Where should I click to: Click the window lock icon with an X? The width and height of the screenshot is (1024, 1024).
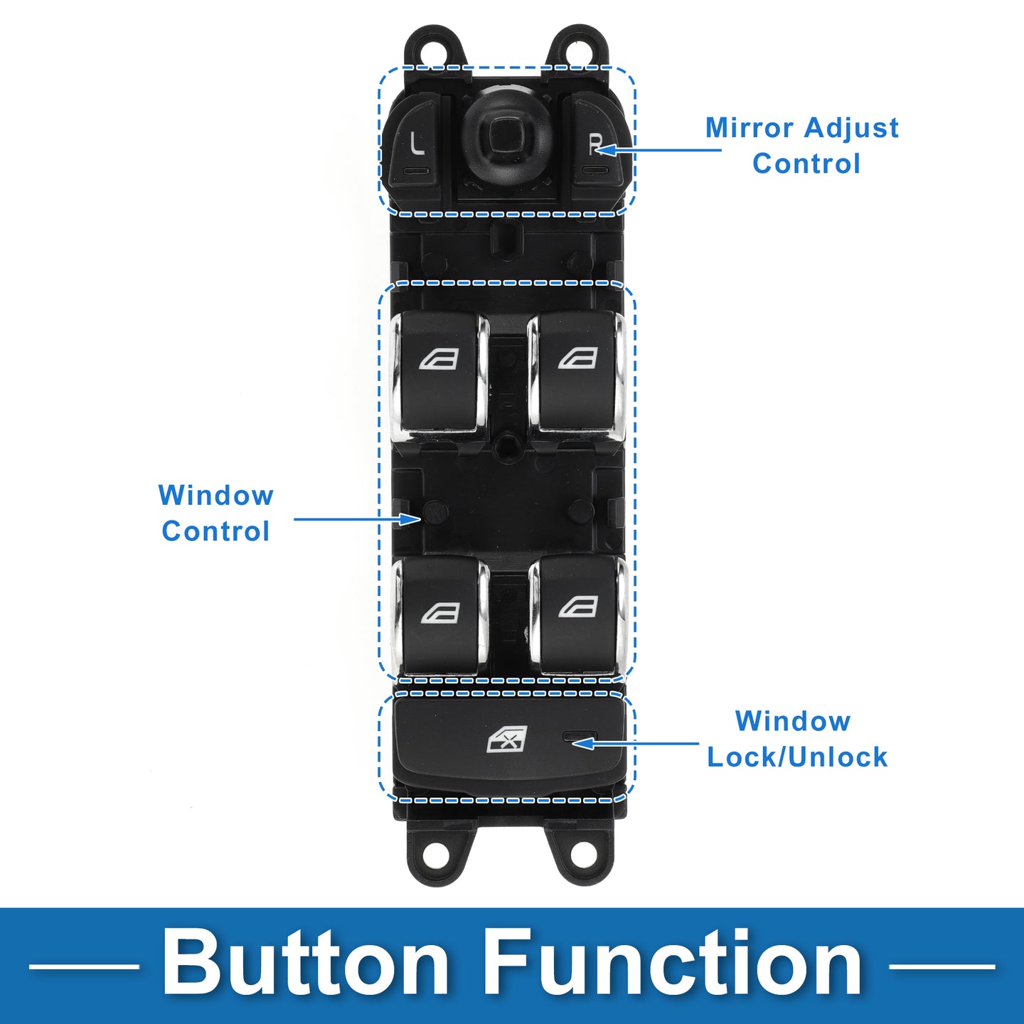(x=507, y=740)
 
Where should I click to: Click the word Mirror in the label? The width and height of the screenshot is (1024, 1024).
(x=749, y=129)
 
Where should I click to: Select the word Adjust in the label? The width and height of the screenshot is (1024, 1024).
(x=852, y=129)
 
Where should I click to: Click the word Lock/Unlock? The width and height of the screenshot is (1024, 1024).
(x=797, y=757)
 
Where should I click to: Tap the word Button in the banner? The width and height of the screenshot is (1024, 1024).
(x=306, y=964)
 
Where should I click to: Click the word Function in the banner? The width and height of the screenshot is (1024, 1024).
(x=672, y=964)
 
